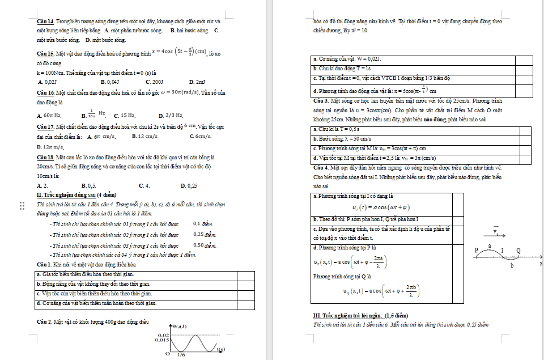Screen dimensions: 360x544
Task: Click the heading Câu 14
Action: (45, 21)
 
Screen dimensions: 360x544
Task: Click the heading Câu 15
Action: (45, 53)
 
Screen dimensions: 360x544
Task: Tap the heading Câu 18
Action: (45, 156)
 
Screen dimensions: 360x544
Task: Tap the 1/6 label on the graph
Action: (181, 355)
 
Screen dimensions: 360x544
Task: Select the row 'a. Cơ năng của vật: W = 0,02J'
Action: (347, 58)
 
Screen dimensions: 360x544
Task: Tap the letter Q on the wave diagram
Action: (518, 250)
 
